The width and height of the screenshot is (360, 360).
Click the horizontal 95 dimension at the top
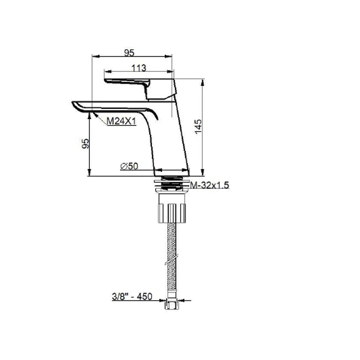(x=129, y=53)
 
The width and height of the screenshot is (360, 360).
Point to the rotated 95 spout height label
(x=85, y=144)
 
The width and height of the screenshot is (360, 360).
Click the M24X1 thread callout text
(x=121, y=122)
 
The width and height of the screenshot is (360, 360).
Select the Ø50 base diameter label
(x=129, y=166)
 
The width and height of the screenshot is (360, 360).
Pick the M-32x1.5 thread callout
(x=210, y=185)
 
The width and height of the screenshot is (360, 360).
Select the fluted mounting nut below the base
(x=171, y=213)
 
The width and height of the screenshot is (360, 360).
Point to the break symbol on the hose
(x=171, y=260)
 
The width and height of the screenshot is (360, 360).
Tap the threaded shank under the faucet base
(x=171, y=184)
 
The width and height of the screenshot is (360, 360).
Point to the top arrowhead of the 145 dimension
(x=202, y=81)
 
